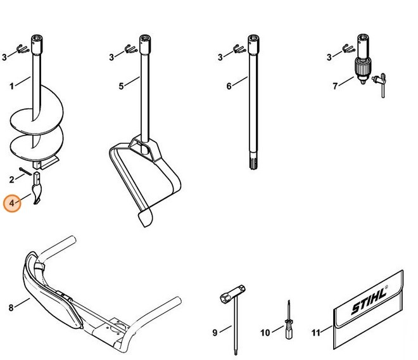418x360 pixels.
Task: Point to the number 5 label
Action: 121,87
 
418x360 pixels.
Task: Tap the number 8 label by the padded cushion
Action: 11,307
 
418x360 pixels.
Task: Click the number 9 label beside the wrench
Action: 215,331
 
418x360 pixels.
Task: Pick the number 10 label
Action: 265,331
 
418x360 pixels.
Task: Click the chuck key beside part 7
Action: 381,82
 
